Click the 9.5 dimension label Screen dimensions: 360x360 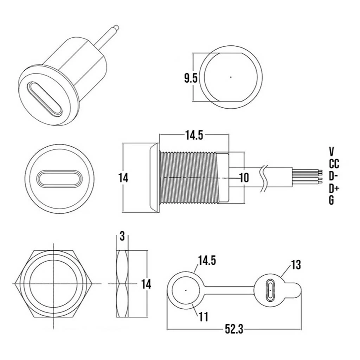pos(191,78)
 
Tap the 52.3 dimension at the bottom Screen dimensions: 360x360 pos(234,329)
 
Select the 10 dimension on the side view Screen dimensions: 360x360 pos(244,178)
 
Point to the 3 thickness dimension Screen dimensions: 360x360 pos(122,236)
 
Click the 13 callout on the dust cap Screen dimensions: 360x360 pos(296,265)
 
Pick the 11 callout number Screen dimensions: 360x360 pos(204,317)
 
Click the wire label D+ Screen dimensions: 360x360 pos(334,189)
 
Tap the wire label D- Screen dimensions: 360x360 pos(334,176)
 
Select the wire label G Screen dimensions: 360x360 pos(331,200)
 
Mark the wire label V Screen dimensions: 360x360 pos(331,152)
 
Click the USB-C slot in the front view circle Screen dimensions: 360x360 pos(59,178)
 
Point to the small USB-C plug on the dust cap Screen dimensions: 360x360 pos(271,290)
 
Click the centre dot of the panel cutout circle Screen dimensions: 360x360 pos(231,77)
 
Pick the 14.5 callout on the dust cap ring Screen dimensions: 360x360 pos(207,261)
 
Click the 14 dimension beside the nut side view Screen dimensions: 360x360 pos(146,284)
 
